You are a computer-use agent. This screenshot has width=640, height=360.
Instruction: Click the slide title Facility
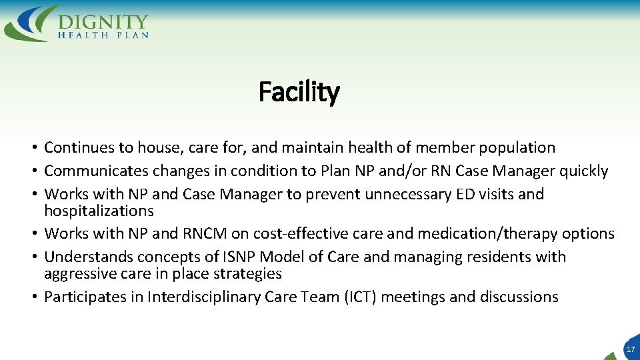pyautogui.click(x=299, y=91)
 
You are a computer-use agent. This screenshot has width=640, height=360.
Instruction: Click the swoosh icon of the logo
pyautogui.click(x=30, y=23)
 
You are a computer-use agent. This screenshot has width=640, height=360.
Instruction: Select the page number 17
pyautogui.click(x=630, y=349)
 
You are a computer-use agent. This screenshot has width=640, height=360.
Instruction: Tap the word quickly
pyautogui.click(x=583, y=171)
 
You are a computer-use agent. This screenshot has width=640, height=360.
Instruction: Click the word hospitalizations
pyautogui.click(x=99, y=211)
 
